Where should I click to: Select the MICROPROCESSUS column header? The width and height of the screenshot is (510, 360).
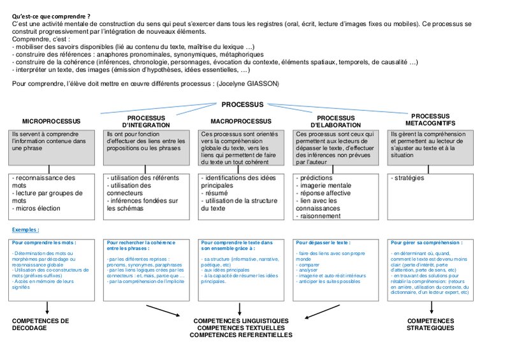click(x=52, y=120)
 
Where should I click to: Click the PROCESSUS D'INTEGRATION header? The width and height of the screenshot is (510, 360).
click(x=145, y=121)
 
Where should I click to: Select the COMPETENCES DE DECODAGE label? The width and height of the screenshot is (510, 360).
click(x=41, y=324)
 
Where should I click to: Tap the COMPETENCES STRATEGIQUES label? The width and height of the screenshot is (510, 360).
click(x=430, y=324)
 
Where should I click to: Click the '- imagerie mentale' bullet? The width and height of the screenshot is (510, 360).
click(x=323, y=185)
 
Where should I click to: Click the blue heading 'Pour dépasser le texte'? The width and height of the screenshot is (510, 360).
click(x=323, y=243)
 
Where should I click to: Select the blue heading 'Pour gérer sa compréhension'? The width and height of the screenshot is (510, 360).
click(x=426, y=243)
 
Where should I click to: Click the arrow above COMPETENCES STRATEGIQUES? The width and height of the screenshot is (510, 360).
click(x=431, y=307)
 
